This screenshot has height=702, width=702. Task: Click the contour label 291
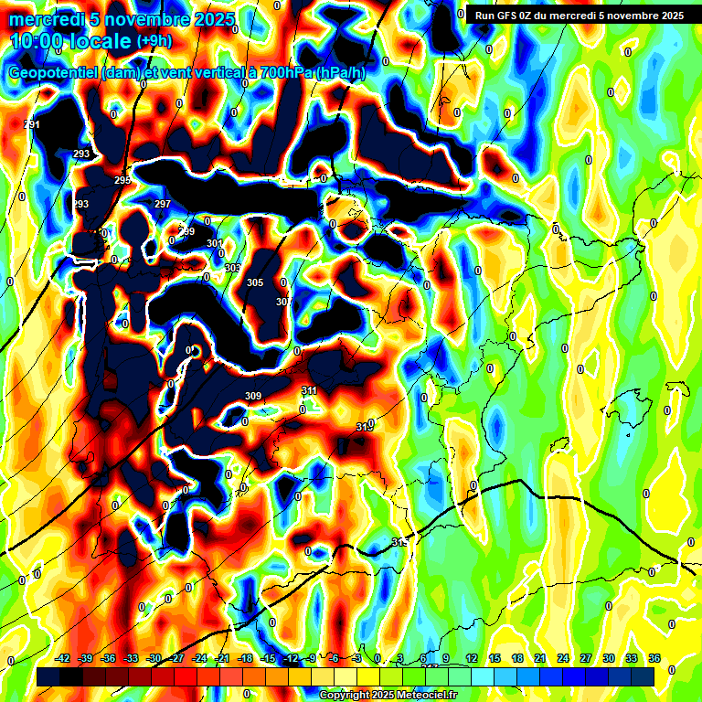tap(32, 124)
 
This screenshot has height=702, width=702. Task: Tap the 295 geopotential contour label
tap(122, 181)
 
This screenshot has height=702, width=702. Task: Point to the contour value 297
tap(163, 204)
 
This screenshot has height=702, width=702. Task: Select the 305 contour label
tap(255, 282)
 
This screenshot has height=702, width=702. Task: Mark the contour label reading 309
tap(253, 396)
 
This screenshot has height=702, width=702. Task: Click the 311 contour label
tap(309, 390)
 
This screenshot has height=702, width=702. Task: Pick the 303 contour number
tap(232, 268)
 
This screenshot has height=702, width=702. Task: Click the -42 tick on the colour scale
tap(62, 658)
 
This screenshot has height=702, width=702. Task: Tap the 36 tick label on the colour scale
tap(654, 658)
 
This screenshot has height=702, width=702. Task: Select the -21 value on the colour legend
tap(222, 658)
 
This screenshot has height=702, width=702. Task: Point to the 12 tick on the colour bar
tap(472, 658)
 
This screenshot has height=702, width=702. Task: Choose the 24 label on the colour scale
tap(563, 658)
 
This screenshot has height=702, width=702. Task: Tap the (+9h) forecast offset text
tap(154, 41)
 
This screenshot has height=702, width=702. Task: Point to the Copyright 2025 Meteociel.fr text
tap(388, 695)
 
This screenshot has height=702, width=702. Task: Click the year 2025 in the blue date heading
tap(212, 19)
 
